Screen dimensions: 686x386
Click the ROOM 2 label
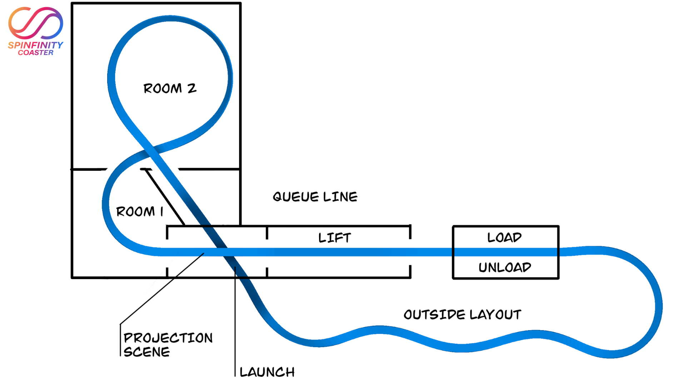(x=170, y=88)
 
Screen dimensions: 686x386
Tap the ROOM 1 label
(x=140, y=211)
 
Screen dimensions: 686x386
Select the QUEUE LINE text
(x=315, y=197)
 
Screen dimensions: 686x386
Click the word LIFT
(x=335, y=238)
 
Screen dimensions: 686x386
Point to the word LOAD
(x=504, y=237)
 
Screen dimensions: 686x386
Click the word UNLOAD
(x=505, y=267)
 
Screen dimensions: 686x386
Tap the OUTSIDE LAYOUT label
(x=462, y=315)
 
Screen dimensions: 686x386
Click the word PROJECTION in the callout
(x=168, y=338)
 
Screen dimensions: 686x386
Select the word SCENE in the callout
(x=146, y=352)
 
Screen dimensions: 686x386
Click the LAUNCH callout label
(x=267, y=372)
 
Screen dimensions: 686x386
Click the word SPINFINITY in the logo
(x=35, y=45)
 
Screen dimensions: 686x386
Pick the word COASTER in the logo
(x=36, y=53)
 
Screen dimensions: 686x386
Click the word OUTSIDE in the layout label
(x=434, y=315)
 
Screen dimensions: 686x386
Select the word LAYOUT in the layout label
(x=495, y=315)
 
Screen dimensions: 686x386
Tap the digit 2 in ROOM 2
(x=192, y=88)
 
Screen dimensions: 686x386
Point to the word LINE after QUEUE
(x=340, y=197)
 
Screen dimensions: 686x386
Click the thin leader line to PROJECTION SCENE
(x=161, y=289)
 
